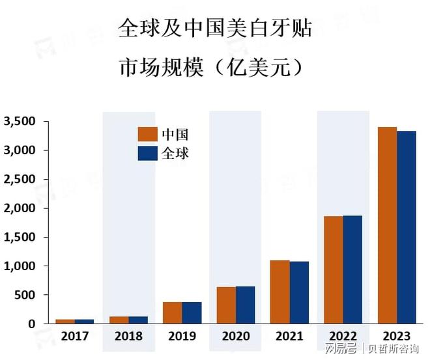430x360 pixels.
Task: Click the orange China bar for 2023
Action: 387,225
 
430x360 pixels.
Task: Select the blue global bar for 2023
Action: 407,227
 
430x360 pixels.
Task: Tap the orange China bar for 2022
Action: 333,270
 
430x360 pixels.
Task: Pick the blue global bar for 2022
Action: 352,270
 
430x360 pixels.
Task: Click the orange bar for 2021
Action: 279,292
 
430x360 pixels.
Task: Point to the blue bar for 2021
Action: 299,292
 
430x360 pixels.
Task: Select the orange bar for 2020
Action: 226,305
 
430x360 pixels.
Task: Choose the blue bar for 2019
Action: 192,312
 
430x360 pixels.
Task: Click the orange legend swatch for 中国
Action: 147,135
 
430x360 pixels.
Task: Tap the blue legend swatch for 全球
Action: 147,154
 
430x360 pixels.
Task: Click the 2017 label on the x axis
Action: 74,336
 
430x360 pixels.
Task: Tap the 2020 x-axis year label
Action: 235,336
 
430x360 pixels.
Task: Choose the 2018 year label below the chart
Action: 128,336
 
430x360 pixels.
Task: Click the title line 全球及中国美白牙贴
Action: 215,28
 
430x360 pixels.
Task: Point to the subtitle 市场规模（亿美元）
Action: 215,68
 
